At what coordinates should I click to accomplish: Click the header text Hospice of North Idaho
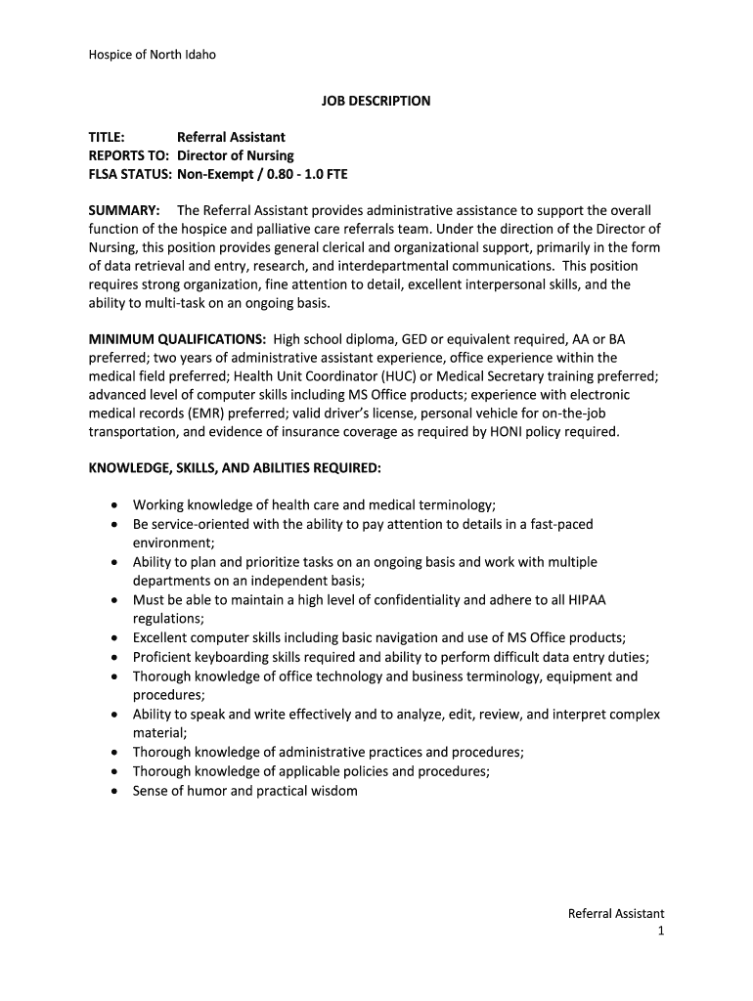click(x=152, y=55)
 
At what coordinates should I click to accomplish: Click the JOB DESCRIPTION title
click(x=376, y=101)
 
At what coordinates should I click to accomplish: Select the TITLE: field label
click(x=107, y=137)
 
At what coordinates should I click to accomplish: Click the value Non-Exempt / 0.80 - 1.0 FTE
click(x=262, y=174)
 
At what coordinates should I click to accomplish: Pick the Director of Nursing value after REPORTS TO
click(x=236, y=155)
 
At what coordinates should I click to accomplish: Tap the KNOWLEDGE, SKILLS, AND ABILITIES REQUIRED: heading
click(x=235, y=468)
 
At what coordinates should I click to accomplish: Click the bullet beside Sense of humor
click(x=114, y=791)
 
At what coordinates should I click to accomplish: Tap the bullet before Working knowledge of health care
click(x=114, y=505)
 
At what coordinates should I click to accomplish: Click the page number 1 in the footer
click(x=661, y=932)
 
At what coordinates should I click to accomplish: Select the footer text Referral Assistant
click(x=616, y=914)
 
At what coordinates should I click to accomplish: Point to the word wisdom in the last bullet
click(x=333, y=791)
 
